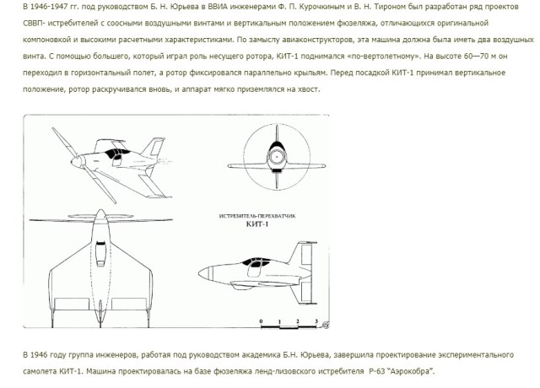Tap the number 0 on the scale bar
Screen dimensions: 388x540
click(262, 321)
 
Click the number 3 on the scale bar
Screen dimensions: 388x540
click(315, 321)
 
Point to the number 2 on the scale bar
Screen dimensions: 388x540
click(297, 321)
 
